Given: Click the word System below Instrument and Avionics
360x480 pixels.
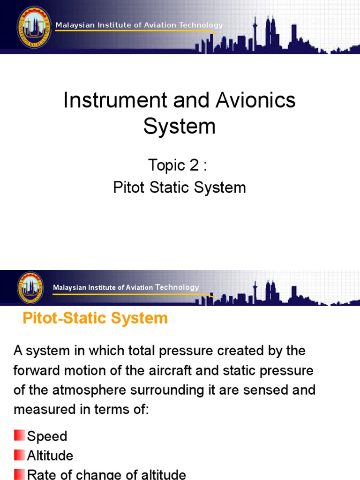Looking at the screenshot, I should (180, 127).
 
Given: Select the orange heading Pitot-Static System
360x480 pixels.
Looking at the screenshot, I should (95, 318).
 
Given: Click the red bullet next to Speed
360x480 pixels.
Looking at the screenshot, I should (19, 436).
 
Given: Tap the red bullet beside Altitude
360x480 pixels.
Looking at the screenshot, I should (19, 455).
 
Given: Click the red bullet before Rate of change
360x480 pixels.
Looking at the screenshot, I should (19, 474).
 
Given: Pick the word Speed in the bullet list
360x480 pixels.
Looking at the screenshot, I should (47, 436).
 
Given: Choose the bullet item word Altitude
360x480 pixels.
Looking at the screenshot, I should (50, 456).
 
